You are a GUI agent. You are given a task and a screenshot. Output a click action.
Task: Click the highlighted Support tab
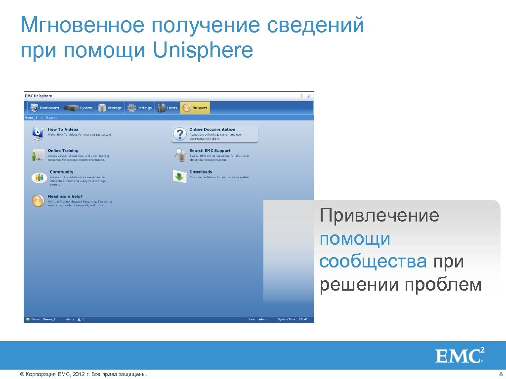(x=195, y=108)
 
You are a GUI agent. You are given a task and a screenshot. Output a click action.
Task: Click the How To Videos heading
(x=63, y=129)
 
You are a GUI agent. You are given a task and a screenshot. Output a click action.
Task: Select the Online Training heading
(x=63, y=151)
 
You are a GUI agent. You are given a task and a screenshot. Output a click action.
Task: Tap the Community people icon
(x=39, y=178)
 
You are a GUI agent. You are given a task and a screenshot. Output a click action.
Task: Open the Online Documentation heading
(x=212, y=129)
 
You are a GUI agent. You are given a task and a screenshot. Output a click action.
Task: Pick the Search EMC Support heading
(x=210, y=151)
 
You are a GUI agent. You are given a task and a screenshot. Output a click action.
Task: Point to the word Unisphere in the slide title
(x=203, y=50)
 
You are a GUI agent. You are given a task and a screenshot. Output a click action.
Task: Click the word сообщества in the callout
(x=373, y=262)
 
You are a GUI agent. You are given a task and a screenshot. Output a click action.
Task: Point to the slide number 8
(x=500, y=375)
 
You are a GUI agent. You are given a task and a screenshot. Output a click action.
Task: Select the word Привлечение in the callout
(x=379, y=216)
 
